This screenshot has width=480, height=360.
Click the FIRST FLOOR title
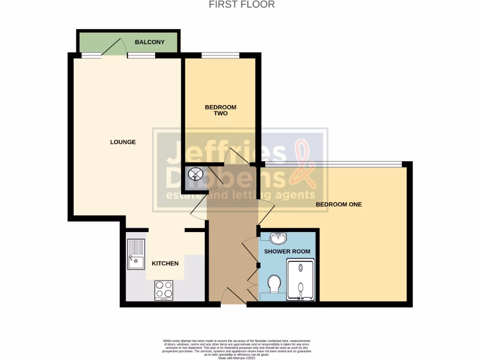241,5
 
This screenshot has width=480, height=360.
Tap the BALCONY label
150,42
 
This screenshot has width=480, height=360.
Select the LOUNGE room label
123,142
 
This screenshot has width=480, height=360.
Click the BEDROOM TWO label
220,110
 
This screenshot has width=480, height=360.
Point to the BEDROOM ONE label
338,204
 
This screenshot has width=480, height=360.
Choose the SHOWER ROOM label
287,252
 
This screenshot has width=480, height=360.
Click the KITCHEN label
165,263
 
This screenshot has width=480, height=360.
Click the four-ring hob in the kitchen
164,290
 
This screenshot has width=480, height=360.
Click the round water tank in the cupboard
195,175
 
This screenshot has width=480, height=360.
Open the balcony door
113,49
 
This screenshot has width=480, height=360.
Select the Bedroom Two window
220,56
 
